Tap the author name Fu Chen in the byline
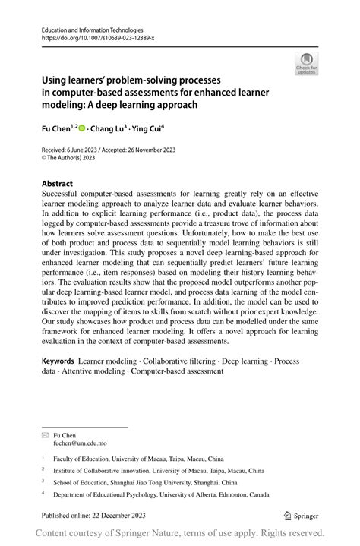pos(55,130)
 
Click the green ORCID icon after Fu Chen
pos(81,130)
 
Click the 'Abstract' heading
pos(58,183)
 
